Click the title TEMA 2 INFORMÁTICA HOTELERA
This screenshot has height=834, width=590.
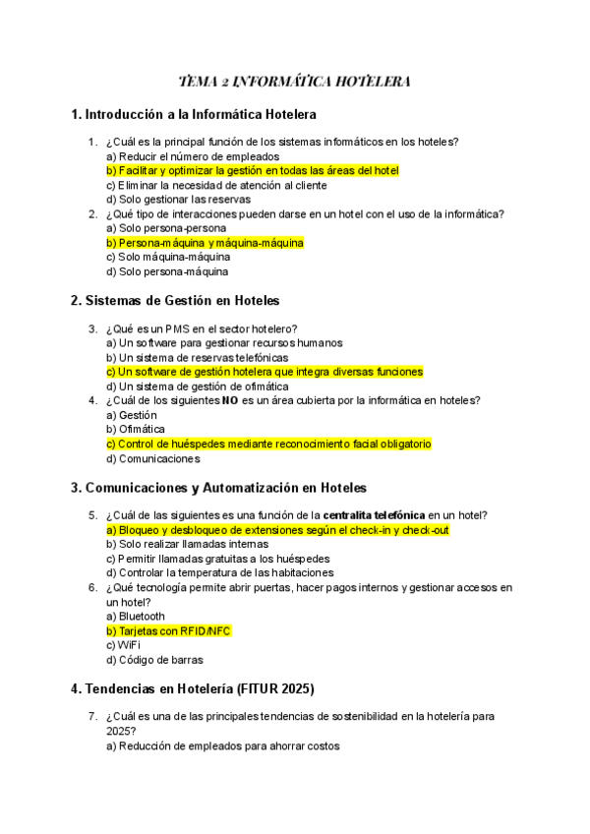(x=294, y=81)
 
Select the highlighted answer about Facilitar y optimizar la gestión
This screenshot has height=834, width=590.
(x=252, y=170)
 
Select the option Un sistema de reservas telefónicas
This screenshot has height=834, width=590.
(x=197, y=358)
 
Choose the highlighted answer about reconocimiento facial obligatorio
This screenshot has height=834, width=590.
(x=267, y=444)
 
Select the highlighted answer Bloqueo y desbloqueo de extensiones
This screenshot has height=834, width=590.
(x=277, y=530)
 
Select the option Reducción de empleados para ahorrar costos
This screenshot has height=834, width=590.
(x=222, y=746)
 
